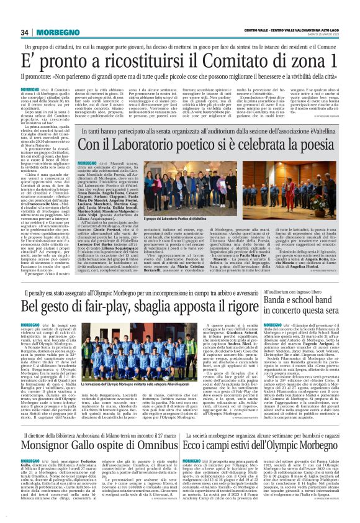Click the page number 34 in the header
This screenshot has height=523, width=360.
tap(25, 32)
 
